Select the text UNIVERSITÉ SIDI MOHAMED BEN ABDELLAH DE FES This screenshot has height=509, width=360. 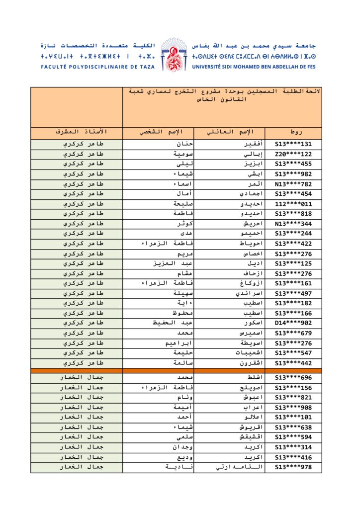coord(254,67)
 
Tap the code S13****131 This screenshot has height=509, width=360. coord(293,145)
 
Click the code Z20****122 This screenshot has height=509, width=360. coord(293,155)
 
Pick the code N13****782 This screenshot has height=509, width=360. coord(293,184)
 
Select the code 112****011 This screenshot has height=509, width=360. coord(293,204)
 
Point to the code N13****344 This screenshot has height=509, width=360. coord(293,224)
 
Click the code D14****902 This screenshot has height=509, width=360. coord(293,323)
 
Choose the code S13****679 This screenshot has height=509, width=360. coord(293,333)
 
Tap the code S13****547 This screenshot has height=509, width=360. coord(293,353)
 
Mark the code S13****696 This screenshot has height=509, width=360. coord(293,378)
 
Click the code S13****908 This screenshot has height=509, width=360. coord(293,408)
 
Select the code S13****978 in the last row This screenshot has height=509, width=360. coord(293,467)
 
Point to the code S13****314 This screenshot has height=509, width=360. coord(293,447)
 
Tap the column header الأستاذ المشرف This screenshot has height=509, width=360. coord(81,133)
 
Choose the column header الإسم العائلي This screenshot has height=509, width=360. coord(230,133)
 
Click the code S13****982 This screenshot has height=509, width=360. coord(293,174)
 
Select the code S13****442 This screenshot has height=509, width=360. coord(293,363)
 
